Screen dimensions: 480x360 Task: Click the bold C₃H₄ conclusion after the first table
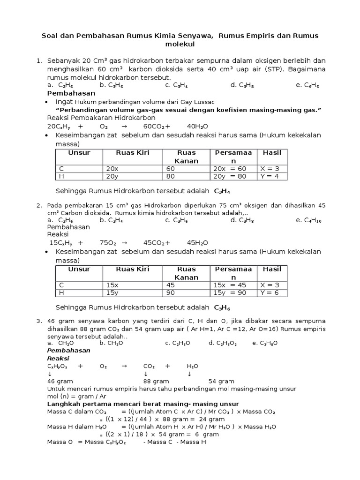(222, 191)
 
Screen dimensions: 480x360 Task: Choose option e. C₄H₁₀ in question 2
(308, 220)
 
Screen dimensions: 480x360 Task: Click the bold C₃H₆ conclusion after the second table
(222, 307)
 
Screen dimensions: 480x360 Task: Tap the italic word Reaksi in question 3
(58, 358)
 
